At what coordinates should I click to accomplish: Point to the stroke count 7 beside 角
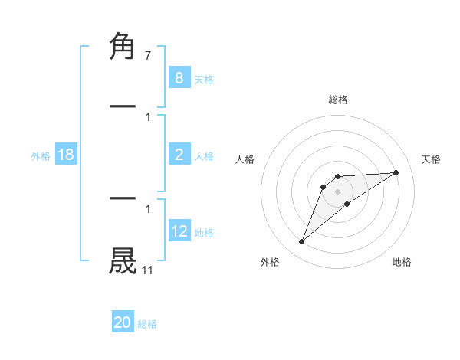[x=147, y=56]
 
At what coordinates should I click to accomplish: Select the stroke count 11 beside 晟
[x=147, y=270]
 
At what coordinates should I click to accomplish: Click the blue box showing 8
[x=179, y=77]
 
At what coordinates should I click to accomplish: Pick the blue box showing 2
[x=179, y=155]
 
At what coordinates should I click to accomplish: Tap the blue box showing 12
[x=179, y=231]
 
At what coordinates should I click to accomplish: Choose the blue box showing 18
[x=65, y=155]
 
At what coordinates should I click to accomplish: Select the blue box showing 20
[x=123, y=322]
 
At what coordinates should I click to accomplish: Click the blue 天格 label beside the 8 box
[x=204, y=79]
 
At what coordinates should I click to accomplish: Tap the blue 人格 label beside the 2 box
[x=204, y=156]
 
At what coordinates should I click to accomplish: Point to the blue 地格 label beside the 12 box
[x=204, y=233]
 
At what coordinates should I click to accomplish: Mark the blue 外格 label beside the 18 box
[x=41, y=156]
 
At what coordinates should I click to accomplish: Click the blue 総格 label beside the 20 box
[x=147, y=324]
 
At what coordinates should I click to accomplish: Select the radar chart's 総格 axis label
[x=338, y=100]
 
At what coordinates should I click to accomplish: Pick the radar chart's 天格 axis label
[x=432, y=159]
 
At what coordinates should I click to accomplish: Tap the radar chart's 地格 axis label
[x=402, y=262]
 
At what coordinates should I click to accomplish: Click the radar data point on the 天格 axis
[x=396, y=172]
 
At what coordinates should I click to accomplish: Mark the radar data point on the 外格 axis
[x=302, y=242]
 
